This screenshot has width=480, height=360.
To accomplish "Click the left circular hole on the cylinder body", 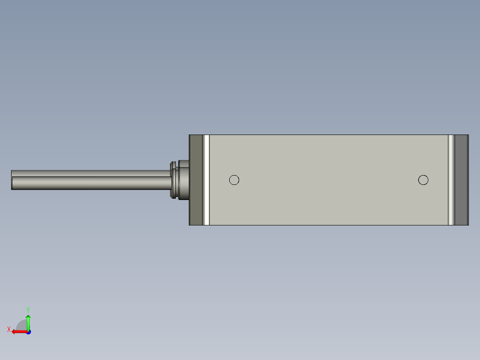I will [x=234, y=180].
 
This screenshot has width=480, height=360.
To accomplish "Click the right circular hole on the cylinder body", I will [x=423, y=180].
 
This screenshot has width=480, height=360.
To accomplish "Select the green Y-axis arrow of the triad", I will [x=28, y=322].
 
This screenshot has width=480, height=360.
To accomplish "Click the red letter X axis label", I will [x=9, y=329].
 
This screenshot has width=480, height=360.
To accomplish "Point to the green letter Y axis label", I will [x=28, y=309].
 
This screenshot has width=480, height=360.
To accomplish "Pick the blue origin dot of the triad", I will [x=28, y=332].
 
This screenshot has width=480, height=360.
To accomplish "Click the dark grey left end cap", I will [x=196, y=180].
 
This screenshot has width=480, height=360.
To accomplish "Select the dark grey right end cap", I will [x=461, y=180].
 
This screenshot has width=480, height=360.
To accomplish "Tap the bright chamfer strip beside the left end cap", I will [x=206, y=180].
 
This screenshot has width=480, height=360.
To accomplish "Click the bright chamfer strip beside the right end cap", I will [x=451, y=180].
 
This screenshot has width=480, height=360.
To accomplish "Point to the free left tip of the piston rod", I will [x=12, y=180].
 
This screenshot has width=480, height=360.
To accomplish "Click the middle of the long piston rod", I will [x=89, y=180].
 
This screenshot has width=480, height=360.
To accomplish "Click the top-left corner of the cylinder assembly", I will [x=190, y=135].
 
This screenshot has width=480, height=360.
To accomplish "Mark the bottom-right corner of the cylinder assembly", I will [x=468, y=225].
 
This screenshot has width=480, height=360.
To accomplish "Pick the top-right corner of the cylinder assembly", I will [x=468, y=135].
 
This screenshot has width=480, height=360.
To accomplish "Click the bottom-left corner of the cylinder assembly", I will [x=190, y=225].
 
